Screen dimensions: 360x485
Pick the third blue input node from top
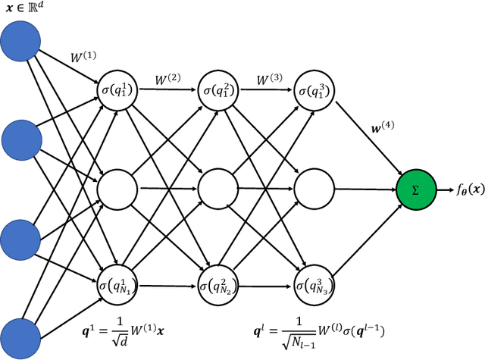click(x=23, y=238)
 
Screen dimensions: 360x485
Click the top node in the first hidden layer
click(x=117, y=89)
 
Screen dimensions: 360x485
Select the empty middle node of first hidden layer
click(x=117, y=186)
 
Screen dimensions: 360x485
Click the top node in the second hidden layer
click(x=217, y=89)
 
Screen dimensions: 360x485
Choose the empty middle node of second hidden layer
click(x=217, y=186)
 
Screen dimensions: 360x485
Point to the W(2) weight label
click(x=168, y=78)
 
